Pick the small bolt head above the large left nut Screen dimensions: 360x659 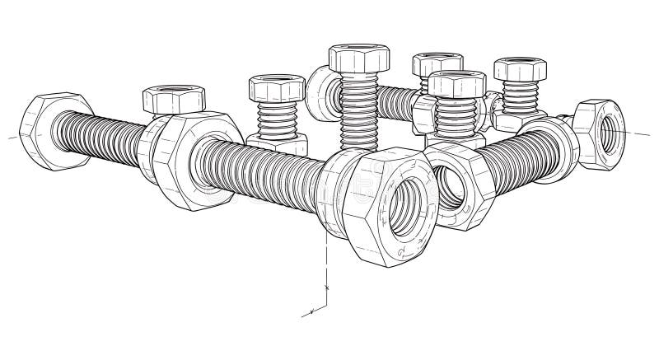(x=169, y=100)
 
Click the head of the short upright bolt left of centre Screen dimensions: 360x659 (x=277, y=87)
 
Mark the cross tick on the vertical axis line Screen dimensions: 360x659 (x=327, y=288)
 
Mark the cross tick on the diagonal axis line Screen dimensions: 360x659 (x=312, y=311)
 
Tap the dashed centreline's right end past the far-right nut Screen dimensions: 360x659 (x=651, y=132)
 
